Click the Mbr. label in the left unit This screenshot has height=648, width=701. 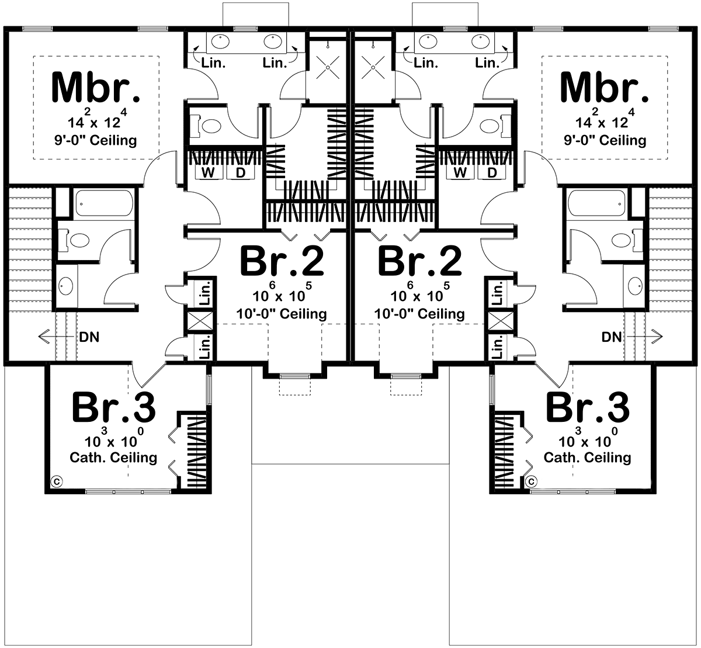pyautogui.click(x=96, y=87)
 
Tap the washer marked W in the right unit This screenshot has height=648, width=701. pyautogui.click(x=460, y=172)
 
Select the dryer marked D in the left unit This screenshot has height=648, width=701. pyautogui.click(x=240, y=172)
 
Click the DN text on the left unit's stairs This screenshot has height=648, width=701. pyautogui.click(x=89, y=337)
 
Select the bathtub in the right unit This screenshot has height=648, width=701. pyautogui.click(x=596, y=203)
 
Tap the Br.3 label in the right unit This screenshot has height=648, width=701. pyautogui.click(x=588, y=407)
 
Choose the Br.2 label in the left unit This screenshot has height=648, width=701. pyautogui.click(x=282, y=261)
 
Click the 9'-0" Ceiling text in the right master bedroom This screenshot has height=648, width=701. pyautogui.click(x=605, y=140)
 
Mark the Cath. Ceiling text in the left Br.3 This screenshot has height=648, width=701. pyautogui.click(x=113, y=458)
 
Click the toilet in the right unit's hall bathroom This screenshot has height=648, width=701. pyautogui.click(x=627, y=240)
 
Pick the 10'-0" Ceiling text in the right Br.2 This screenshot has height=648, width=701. pyautogui.click(x=419, y=314)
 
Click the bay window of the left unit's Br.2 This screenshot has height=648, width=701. pyautogui.click(x=295, y=377)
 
